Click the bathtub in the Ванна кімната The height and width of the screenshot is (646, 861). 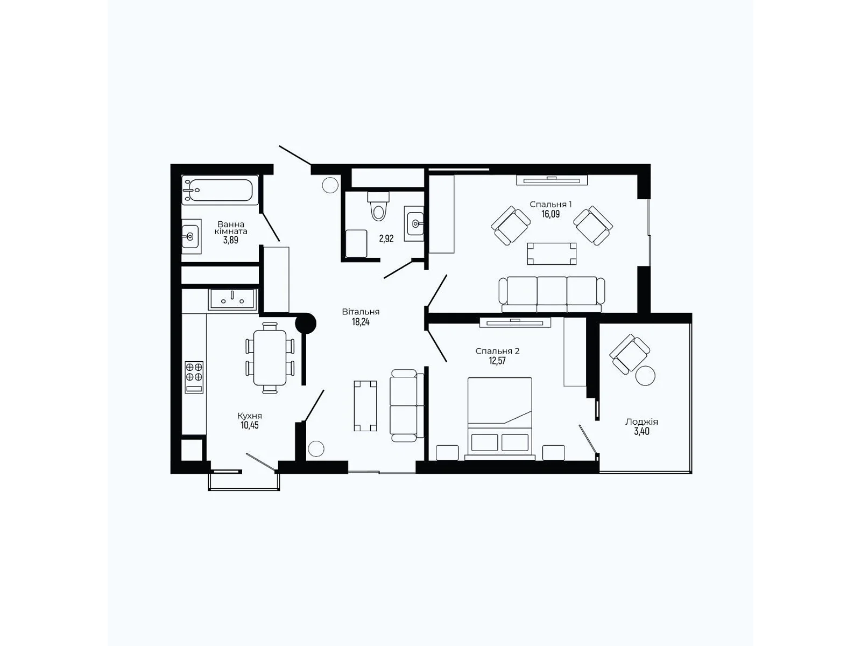coord(220,189)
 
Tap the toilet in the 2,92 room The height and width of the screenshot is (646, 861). coord(379,208)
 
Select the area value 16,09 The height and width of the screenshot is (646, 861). coord(551,214)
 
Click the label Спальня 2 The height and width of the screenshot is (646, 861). coord(497,351)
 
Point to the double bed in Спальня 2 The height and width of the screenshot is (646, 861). coord(500,418)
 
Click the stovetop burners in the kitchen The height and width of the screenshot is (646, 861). coord(194,372)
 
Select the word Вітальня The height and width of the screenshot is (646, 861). coord(361,312)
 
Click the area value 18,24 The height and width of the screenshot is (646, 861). coord(361,322)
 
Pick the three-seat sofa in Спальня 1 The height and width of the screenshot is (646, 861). coord(552,294)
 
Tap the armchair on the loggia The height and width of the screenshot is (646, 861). coord(629,353)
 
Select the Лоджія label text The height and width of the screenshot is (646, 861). coord(641,422)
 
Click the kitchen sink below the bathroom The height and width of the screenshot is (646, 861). coord(233,299)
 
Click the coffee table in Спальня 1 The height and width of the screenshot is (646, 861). coord(552,254)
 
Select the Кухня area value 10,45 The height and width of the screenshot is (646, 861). coord(250,425)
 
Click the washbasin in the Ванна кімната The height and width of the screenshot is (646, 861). coord(190,236)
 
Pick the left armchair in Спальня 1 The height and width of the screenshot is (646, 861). coord(511,226)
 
